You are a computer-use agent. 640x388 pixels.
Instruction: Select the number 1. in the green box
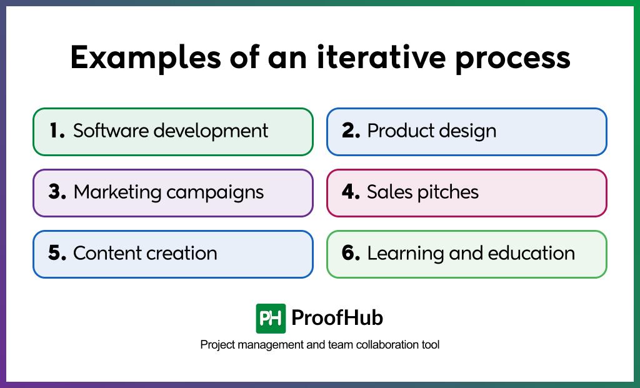click(x=57, y=131)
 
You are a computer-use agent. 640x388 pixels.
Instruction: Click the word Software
click(x=111, y=131)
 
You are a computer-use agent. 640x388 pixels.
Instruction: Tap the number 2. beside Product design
click(x=351, y=131)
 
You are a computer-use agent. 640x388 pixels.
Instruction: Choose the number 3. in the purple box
click(x=57, y=192)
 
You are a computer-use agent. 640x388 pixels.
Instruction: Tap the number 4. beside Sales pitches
click(x=351, y=192)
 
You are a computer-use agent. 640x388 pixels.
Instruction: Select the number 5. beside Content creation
click(x=57, y=253)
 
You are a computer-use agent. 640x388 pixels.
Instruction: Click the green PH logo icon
click(x=271, y=319)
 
